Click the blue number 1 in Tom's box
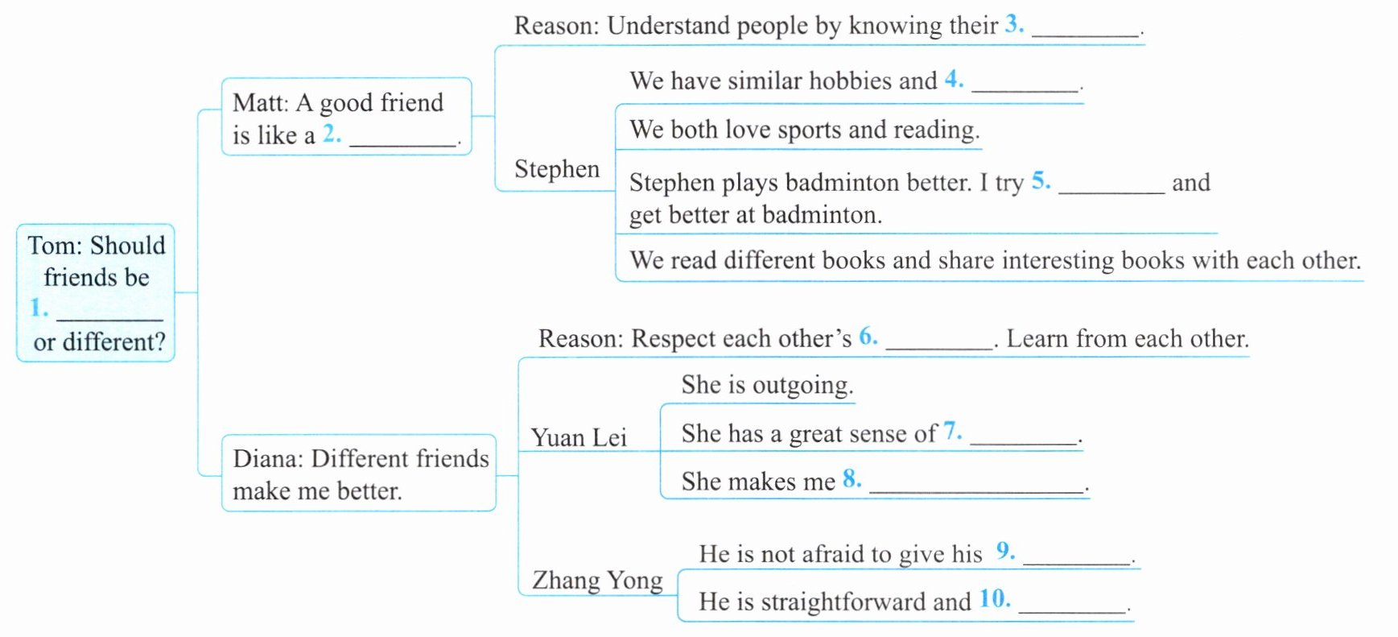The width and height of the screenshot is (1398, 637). pyautogui.click(x=38, y=308)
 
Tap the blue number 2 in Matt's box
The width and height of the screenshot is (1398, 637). pyautogui.click(x=331, y=134)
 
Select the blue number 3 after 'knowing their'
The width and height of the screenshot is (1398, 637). pyautogui.click(x=1013, y=24)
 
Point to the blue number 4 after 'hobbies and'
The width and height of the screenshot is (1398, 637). pyautogui.click(x=953, y=79)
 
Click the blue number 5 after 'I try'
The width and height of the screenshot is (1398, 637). pyautogui.click(x=1040, y=180)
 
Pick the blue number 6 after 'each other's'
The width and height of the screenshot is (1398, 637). pyautogui.click(x=867, y=337)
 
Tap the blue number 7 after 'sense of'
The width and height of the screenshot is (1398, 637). pyautogui.click(x=951, y=432)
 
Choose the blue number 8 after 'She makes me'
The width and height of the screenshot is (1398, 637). pyautogui.click(x=851, y=479)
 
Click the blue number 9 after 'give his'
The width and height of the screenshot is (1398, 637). pyautogui.click(x=1004, y=551)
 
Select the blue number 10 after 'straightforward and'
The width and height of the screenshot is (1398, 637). pyautogui.click(x=994, y=599)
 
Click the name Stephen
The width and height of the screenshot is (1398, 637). pyautogui.click(x=557, y=169)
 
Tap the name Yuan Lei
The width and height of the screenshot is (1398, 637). pyautogui.click(x=579, y=437)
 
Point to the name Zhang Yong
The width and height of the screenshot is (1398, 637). pyautogui.click(x=597, y=580)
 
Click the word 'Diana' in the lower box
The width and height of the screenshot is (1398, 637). pyautogui.click(x=266, y=459)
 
